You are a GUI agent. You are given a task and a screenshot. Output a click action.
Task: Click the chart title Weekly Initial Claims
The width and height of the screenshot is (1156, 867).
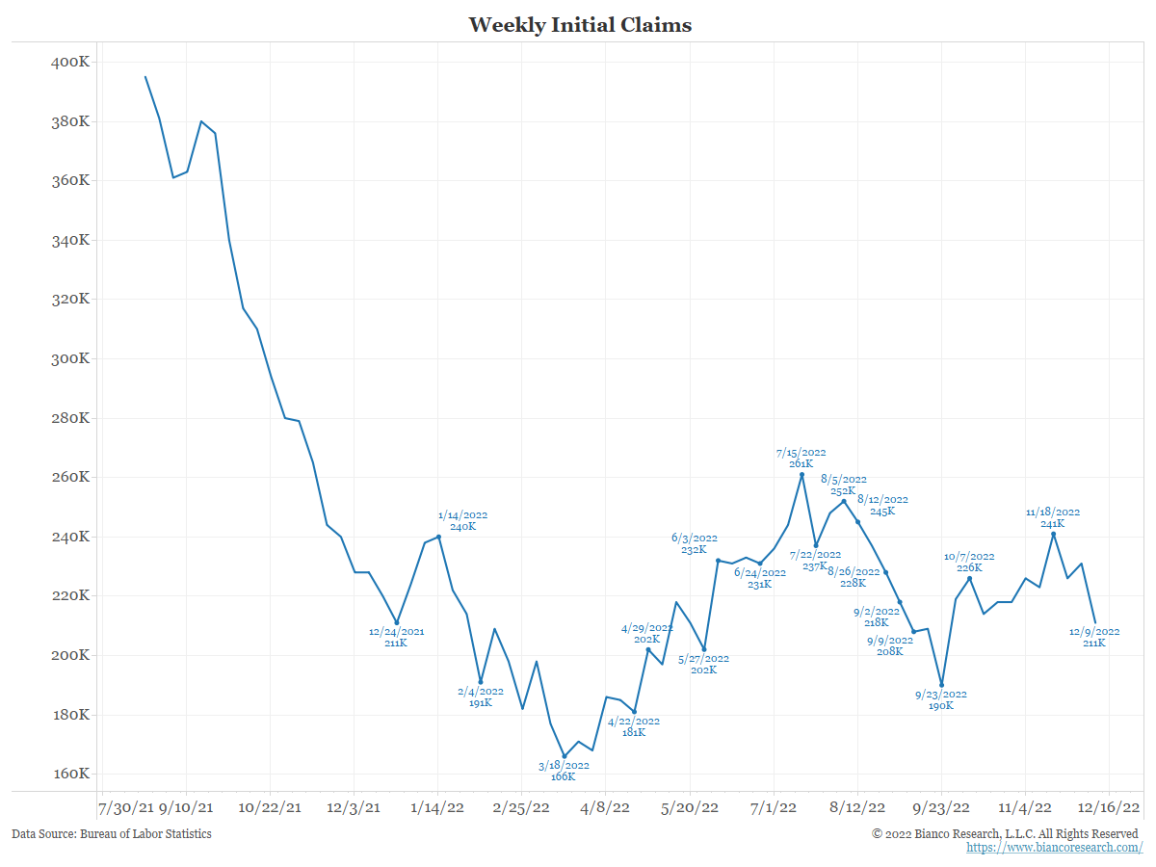(x=580, y=25)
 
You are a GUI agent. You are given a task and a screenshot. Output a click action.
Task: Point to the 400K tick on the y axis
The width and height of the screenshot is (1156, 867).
(x=70, y=63)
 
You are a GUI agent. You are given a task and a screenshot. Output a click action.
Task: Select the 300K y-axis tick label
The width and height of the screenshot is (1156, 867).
(x=70, y=359)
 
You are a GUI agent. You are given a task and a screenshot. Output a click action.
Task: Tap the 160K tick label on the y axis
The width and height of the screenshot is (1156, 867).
(x=70, y=775)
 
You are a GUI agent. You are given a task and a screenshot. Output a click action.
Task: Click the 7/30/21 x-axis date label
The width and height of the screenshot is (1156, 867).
(x=126, y=806)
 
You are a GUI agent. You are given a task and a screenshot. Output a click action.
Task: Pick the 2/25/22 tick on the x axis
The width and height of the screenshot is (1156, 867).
(x=522, y=806)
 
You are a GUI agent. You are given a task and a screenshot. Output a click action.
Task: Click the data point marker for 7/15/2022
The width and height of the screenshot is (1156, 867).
(x=801, y=474)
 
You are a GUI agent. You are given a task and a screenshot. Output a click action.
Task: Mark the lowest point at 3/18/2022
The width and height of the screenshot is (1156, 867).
(x=565, y=756)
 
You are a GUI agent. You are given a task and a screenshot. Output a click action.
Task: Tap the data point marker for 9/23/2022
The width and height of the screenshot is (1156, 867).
(x=941, y=685)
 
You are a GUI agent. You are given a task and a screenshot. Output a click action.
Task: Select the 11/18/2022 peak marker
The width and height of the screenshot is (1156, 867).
(x=1053, y=534)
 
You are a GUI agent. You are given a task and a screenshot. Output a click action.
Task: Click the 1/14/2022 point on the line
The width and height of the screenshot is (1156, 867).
(x=438, y=537)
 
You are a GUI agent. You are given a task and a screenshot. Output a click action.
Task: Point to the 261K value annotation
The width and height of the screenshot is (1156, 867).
(x=801, y=463)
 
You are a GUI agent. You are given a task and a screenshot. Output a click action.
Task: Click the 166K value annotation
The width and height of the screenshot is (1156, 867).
(x=564, y=776)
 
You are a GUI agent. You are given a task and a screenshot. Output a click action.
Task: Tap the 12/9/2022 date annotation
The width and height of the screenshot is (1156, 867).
(x=1093, y=632)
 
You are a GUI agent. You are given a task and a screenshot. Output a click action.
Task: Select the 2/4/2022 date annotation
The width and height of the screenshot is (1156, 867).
(x=480, y=691)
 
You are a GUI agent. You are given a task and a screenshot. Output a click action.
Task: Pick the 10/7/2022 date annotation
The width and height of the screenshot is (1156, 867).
(x=969, y=557)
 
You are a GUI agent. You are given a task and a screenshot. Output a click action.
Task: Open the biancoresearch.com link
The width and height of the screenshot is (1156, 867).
(x=1054, y=848)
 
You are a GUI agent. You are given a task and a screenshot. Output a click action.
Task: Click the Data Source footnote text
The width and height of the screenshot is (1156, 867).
(x=112, y=833)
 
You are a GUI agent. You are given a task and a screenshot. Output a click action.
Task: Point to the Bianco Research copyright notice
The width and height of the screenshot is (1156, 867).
(x=1005, y=833)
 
